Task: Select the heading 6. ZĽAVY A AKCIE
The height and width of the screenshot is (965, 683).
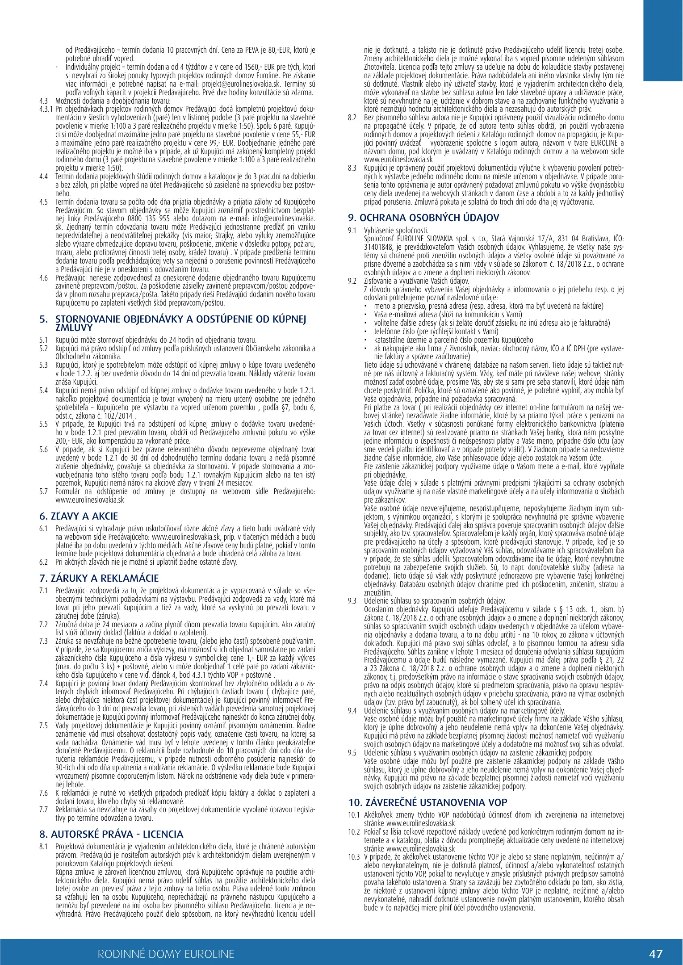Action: pos(79,516)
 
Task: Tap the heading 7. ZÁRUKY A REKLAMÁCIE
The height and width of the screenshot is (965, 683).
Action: pos(99,579)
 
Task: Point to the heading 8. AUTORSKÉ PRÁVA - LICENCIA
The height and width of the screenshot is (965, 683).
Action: pos(111,834)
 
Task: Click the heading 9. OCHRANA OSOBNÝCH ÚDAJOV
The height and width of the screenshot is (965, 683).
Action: pos(423,218)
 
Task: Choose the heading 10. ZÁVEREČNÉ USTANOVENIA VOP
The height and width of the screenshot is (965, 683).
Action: pos(427,802)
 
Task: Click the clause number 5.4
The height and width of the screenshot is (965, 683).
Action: pos(43,390)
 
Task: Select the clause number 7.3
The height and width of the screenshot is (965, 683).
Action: pos(43,641)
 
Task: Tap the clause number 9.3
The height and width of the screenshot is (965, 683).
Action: pos(352,601)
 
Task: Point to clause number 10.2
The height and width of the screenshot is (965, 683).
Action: pos(354,831)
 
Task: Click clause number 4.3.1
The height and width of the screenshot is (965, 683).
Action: pos(46,109)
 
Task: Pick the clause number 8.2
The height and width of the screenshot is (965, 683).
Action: pos(352,117)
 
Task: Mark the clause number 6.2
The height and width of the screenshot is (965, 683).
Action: pos(43,562)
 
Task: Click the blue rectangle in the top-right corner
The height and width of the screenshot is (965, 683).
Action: pos(663,40)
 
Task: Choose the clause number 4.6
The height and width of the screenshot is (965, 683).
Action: pos(43,278)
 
